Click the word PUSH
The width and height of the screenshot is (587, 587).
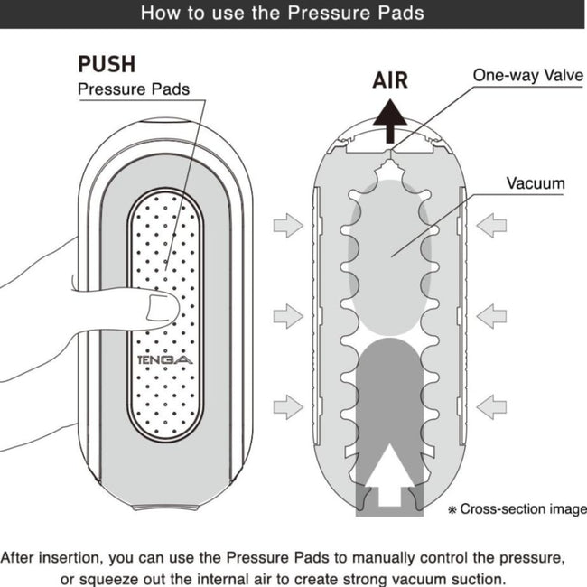click(x=107, y=64)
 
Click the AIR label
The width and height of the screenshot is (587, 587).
click(x=390, y=79)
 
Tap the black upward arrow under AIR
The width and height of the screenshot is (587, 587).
click(x=390, y=120)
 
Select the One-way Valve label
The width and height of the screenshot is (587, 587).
click(x=528, y=75)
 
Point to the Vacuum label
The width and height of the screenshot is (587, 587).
click(x=535, y=183)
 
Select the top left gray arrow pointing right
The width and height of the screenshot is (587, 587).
click(x=287, y=225)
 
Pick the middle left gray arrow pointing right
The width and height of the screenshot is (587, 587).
click(x=287, y=315)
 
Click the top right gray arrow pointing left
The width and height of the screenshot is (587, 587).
click(x=491, y=225)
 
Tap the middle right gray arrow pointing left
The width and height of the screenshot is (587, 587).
click(x=491, y=315)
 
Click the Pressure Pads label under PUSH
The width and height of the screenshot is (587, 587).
click(x=133, y=89)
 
